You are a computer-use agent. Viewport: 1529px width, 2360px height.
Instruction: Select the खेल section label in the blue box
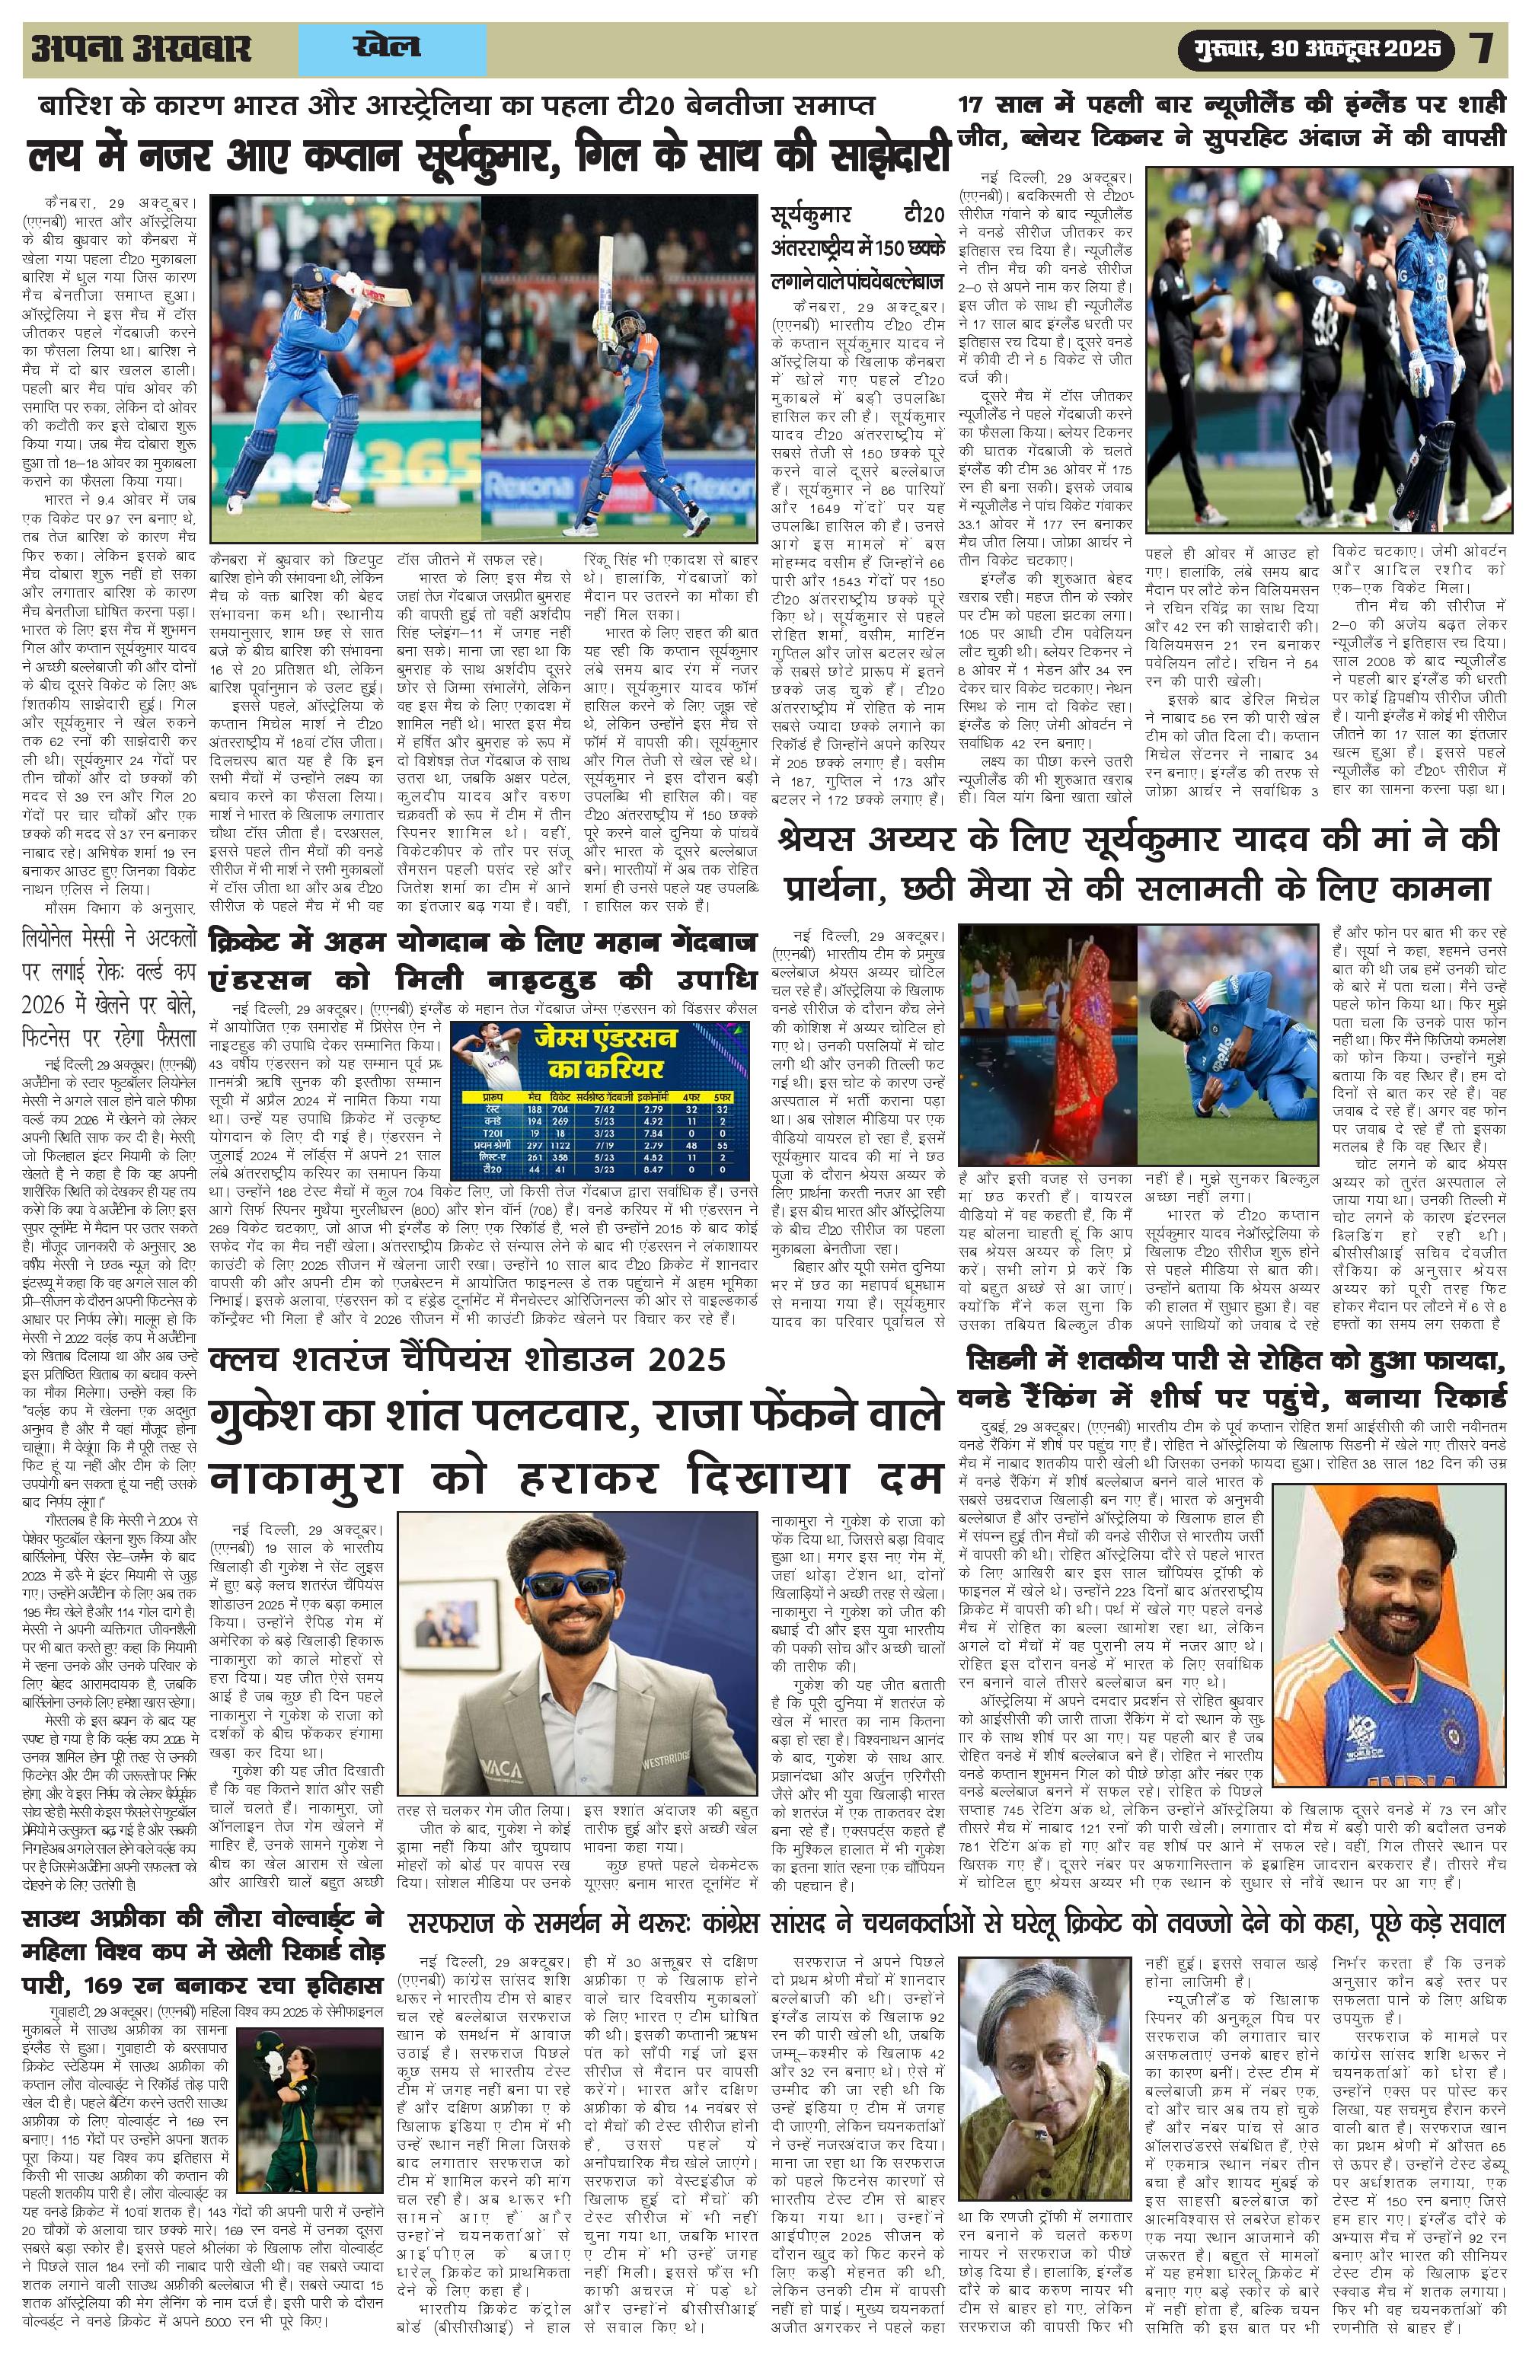tap(386, 46)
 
